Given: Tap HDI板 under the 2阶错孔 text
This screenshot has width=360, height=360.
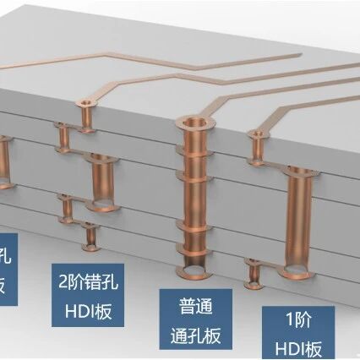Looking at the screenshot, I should coord(89,311).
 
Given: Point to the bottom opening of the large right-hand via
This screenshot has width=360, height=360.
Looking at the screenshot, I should coord(301,270).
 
